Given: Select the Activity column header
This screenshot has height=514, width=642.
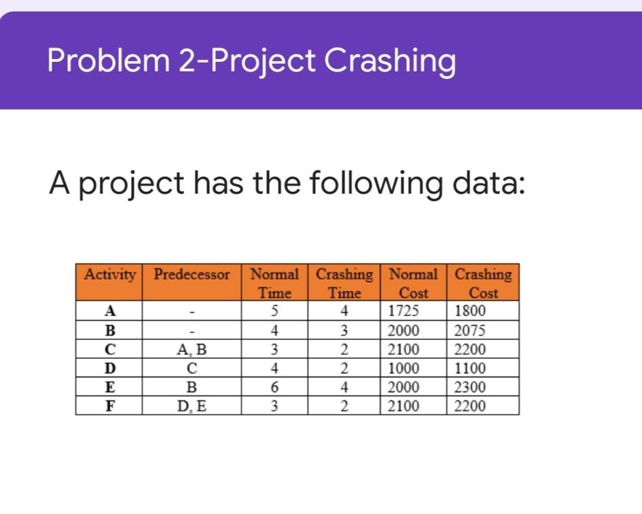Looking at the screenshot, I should click(109, 275).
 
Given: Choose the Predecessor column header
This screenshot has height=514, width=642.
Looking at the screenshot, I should click(192, 275).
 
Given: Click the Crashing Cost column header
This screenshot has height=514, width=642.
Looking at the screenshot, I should click(483, 284).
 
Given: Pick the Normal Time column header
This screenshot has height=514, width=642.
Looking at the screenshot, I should click(274, 284).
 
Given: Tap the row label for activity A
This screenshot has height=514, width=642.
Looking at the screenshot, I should click(108, 312).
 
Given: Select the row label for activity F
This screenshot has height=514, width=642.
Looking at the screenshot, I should click(108, 407).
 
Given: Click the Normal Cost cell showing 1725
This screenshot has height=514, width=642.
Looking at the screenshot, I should click(404, 312).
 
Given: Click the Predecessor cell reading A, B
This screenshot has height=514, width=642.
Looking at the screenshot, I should click(192, 350).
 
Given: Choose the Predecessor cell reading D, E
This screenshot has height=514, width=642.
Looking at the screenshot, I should click(192, 407).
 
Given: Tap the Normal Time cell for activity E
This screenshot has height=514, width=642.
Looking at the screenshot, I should click(274, 388).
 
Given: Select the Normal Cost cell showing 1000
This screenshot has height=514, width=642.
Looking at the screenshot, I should click(404, 369).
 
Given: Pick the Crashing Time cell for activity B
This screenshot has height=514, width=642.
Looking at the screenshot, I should click(344, 331).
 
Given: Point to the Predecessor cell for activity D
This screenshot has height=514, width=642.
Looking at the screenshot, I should click(192, 369).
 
